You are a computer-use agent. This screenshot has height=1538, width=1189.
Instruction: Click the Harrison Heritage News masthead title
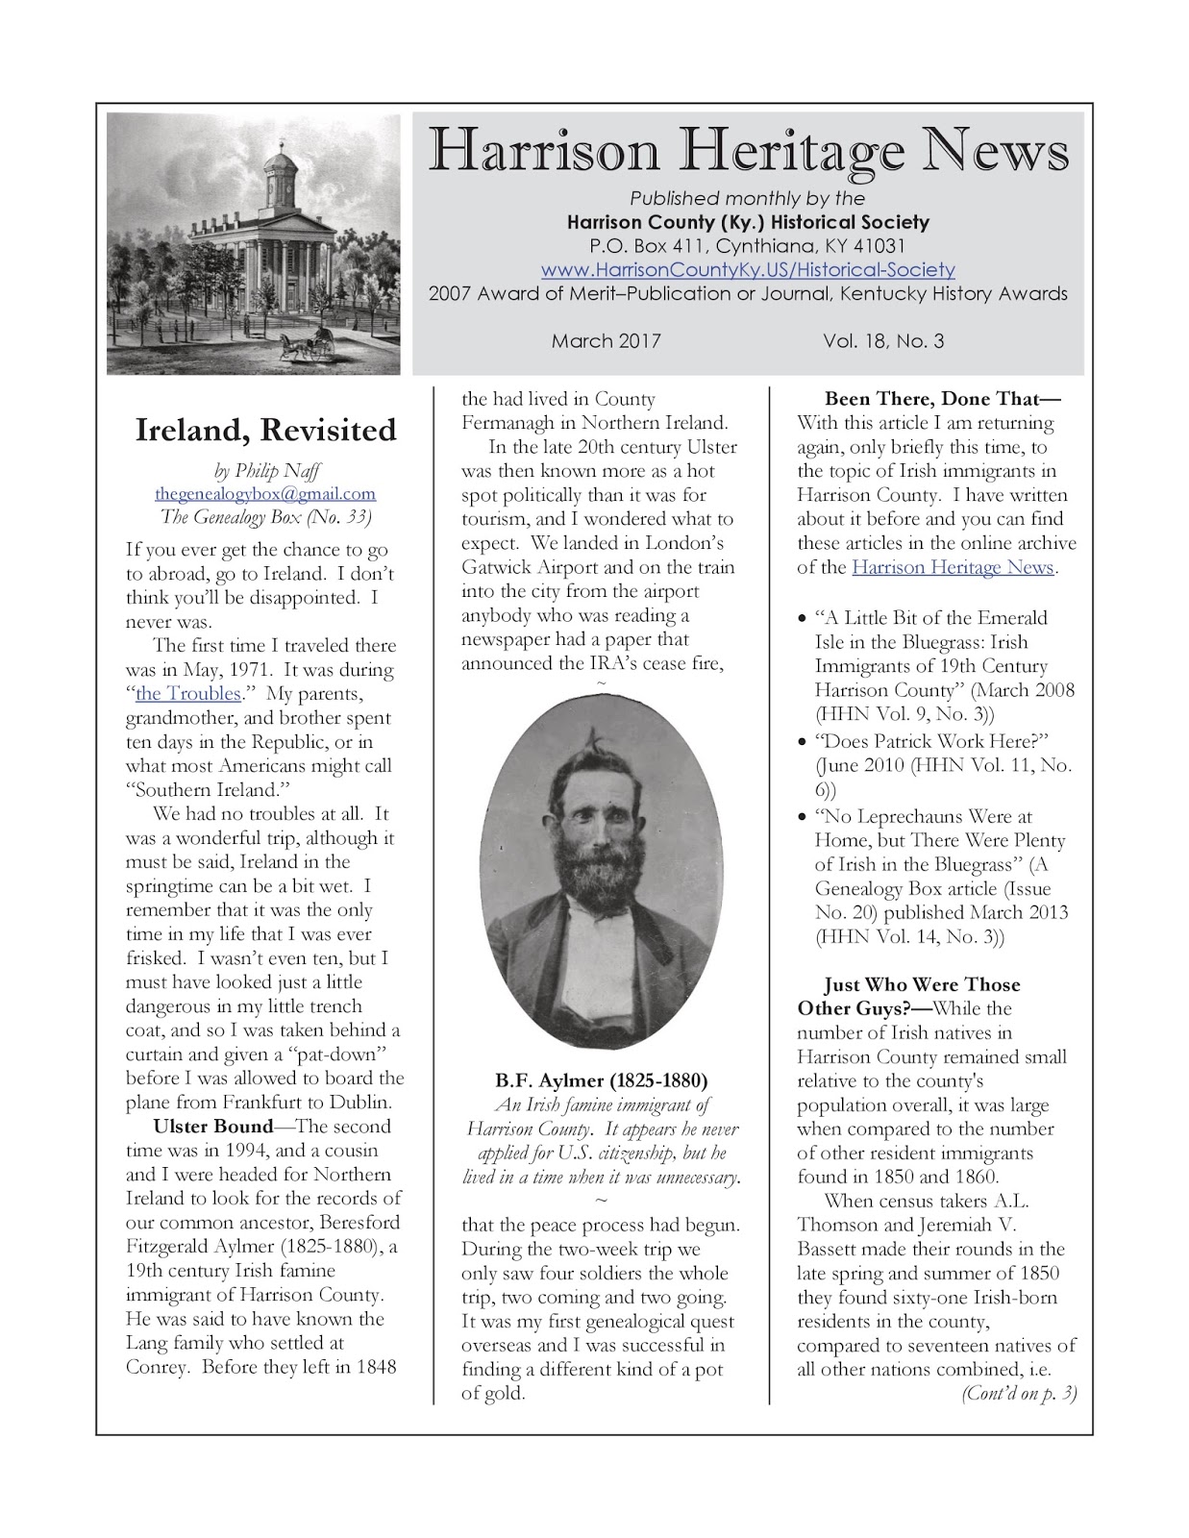point(748,152)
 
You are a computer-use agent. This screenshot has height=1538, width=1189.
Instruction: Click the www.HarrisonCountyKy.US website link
point(748,270)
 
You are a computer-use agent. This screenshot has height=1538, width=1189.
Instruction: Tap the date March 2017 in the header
point(606,341)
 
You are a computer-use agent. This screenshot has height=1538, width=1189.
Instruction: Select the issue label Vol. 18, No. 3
point(882,341)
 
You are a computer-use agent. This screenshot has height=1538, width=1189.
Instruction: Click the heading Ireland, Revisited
point(265,430)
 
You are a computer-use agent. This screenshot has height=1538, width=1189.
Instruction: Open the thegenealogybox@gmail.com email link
point(265,494)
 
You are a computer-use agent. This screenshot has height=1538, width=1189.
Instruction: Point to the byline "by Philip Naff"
point(265,471)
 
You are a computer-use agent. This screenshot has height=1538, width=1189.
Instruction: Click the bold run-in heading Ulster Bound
point(213,1127)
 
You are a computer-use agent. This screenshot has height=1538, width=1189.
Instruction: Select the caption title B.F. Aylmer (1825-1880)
point(602,1079)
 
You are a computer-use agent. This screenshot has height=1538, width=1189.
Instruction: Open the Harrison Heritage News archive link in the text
point(953,567)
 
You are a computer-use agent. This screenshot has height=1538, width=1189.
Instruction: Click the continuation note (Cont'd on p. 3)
point(1018,1394)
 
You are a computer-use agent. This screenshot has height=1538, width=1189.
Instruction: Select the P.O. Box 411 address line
point(748,246)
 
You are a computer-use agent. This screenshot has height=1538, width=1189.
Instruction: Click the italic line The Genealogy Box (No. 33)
point(265,517)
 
